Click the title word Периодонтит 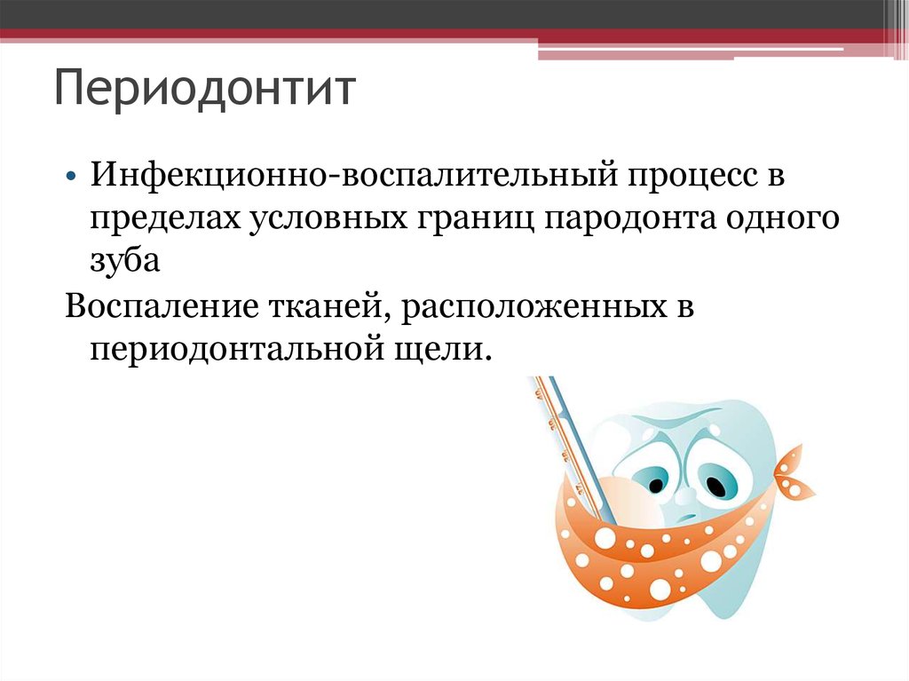tap(205, 89)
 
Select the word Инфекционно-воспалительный tap(353, 175)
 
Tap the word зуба tap(124, 260)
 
